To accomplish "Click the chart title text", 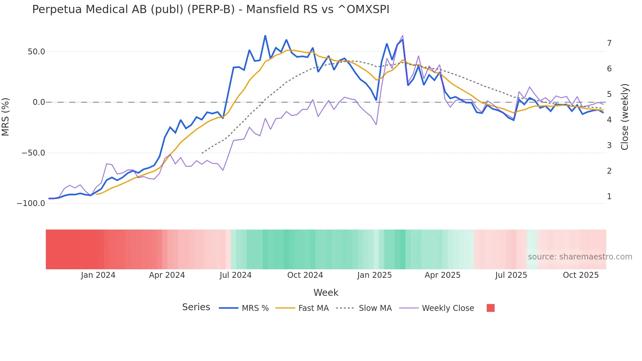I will pos(211,9).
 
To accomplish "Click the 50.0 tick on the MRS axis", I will pos(36,52).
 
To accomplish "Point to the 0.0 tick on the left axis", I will pos(39,102).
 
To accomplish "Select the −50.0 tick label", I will pos(33,153).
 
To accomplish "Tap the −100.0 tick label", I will pos(31,203).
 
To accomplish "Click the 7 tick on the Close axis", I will pos(609,43).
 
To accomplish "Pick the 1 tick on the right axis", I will pos(609,197).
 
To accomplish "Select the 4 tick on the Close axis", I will pos(609,120).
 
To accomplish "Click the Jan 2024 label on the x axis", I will pos(98,275).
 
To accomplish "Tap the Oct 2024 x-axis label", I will pos(305,275).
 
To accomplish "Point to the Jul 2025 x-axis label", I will pos(511,275).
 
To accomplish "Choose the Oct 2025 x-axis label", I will pos(581,275).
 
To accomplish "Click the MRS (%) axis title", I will pos(6,117).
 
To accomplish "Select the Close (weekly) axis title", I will pos(625,117).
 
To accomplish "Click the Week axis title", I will pos(326,293).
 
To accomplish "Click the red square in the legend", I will pos(491,308).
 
